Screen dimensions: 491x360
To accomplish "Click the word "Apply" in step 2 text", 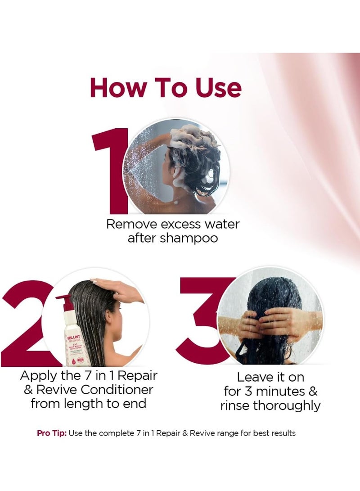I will tap(39, 375).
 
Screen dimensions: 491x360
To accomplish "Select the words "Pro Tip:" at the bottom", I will tap(52, 433).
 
